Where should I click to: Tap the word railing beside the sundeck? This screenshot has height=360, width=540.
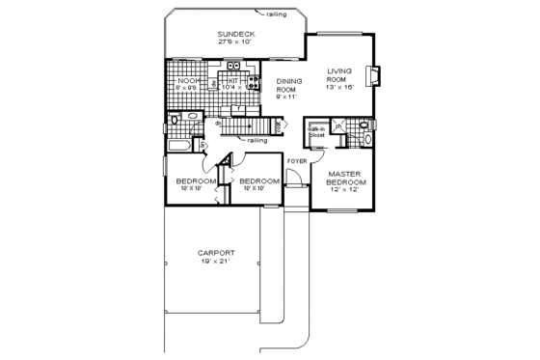click(283, 14)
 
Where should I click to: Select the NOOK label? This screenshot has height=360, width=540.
click(186, 80)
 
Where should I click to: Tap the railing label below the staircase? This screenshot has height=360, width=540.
click(256, 141)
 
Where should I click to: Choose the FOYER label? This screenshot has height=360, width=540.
click(296, 160)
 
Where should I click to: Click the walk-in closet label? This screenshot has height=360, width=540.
click(315, 130)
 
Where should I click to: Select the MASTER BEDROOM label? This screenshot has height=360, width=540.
click(344, 179)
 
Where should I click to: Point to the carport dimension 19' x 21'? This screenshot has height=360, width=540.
click(217, 263)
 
